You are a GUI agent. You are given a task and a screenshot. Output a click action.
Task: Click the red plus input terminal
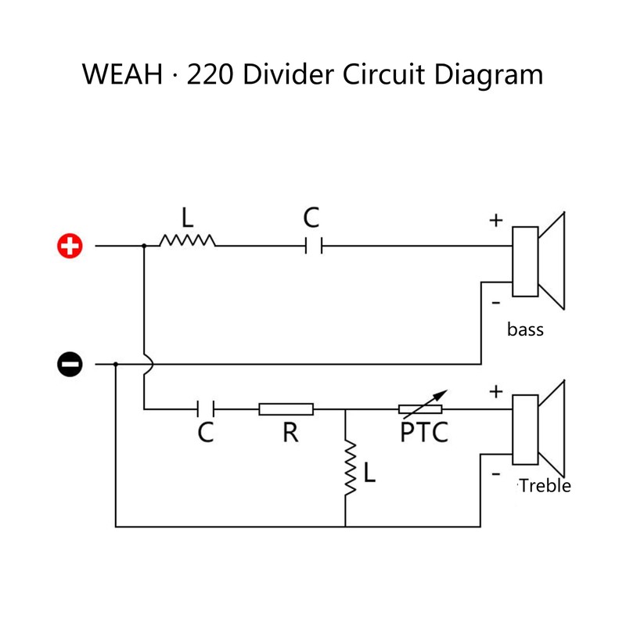(70, 246)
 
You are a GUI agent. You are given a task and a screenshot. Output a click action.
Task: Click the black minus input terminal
(70, 364)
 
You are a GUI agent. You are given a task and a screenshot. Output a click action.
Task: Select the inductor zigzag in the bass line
(187, 240)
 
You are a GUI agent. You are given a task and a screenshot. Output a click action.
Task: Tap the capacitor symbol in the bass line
(314, 246)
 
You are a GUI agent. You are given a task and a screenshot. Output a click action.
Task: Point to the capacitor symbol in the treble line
(206, 408)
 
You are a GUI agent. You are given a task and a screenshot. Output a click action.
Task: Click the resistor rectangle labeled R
(286, 409)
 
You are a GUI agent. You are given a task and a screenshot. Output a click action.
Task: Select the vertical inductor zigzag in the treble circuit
(351, 467)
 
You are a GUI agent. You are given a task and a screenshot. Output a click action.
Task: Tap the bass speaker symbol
(538, 261)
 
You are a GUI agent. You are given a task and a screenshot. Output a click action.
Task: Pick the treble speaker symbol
(538, 429)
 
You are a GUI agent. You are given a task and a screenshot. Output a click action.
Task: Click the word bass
(525, 329)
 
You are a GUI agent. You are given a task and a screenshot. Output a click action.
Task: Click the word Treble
(545, 486)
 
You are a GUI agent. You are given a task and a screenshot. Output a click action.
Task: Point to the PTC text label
(424, 432)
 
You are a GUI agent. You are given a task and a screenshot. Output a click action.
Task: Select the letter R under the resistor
(290, 433)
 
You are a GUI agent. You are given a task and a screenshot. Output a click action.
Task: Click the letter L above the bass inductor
(188, 218)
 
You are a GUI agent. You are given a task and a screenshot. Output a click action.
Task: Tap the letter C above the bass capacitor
(311, 218)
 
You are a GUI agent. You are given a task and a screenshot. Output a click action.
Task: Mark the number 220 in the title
(210, 74)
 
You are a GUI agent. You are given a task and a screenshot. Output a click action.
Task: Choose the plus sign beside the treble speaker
(496, 392)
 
